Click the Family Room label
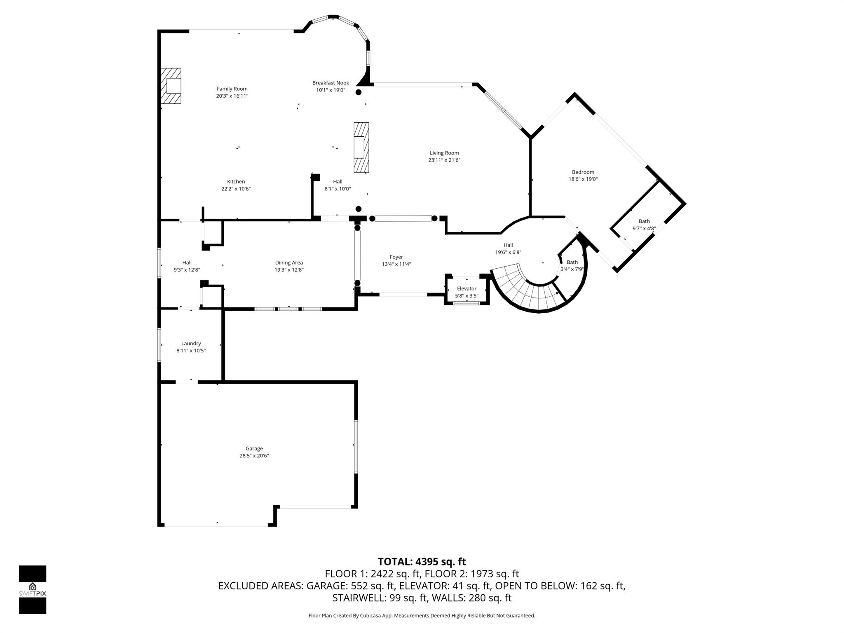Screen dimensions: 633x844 pyautogui.click(x=232, y=89)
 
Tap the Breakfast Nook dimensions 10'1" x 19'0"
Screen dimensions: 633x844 pyautogui.click(x=331, y=90)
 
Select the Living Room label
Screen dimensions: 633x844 pyautogui.click(x=444, y=153)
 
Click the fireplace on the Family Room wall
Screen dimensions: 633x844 pyautogui.click(x=171, y=86)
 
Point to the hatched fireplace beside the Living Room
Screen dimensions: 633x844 pyautogui.click(x=361, y=147)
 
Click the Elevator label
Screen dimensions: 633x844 pyautogui.click(x=467, y=288)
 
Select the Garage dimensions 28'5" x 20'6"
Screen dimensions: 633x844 pyautogui.click(x=254, y=456)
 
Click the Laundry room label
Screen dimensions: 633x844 pyautogui.click(x=191, y=343)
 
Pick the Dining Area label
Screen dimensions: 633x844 pyautogui.click(x=289, y=263)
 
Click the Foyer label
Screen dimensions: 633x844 pyautogui.click(x=396, y=257)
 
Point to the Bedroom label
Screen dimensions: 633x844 pyautogui.click(x=583, y=172)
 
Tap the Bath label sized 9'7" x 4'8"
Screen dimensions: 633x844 pyautogui.click(x=644, y=221)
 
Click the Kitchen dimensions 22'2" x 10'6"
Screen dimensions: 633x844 pyautogui.click(x=236, y=189)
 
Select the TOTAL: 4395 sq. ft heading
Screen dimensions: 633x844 pyautogui.click(x=422, y=562)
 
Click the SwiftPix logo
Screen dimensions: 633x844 pyautogui.click(x=33, y=589)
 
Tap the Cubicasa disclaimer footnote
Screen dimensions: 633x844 pyautogui.click(x=422, y=616)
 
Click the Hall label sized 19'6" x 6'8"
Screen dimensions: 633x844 pyautogui.click(x=508, y=245)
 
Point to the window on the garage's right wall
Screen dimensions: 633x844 pyautogui.click(x=356, y=446)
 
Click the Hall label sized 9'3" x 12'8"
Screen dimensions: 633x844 pyautogui.click(x=187, y=263)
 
